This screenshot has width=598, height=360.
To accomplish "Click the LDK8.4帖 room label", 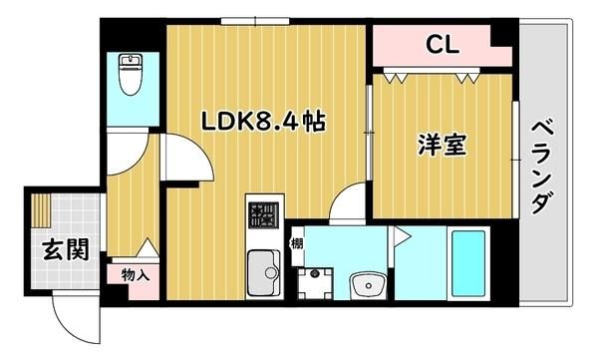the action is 263,122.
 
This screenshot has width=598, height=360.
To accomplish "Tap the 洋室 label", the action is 443,145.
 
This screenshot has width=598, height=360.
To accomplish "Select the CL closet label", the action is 443,44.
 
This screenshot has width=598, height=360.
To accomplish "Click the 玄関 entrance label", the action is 66,249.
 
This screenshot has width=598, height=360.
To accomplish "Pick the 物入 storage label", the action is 136,274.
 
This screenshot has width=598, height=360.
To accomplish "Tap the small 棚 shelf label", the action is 297,242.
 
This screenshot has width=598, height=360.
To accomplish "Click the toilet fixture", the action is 131,74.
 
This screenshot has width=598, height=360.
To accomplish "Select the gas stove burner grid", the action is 264,215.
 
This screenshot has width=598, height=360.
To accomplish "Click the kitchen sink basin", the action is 263,273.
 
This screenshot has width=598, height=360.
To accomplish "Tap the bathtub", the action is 468,263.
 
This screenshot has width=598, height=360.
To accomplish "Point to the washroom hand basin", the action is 368,285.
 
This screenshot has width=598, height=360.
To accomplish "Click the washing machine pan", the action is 315,283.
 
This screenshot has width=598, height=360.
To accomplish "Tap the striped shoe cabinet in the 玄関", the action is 41,210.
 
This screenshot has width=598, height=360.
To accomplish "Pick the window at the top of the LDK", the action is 255,21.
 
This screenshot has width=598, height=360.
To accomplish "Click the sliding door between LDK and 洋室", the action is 369,132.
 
